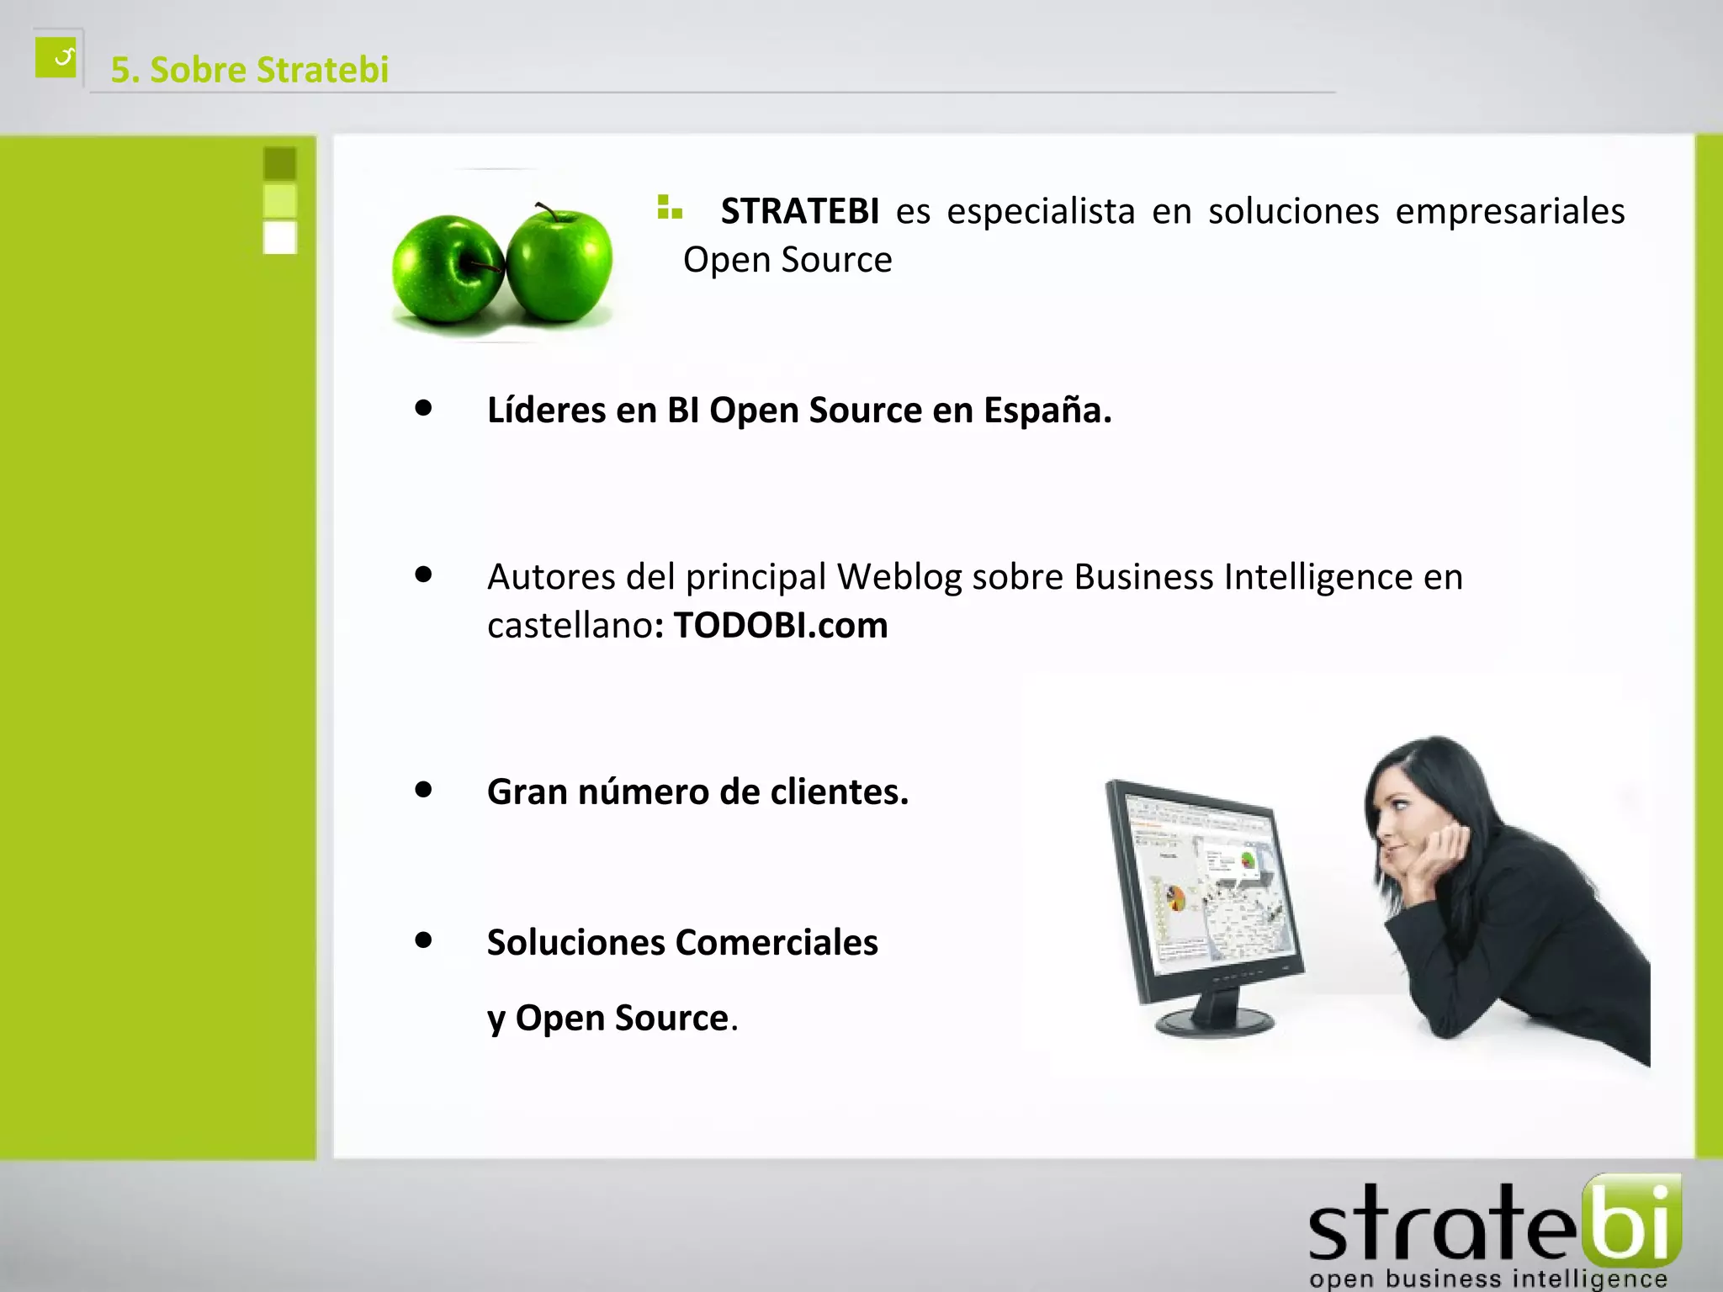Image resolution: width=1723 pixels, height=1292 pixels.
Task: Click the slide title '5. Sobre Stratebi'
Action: [250, 70]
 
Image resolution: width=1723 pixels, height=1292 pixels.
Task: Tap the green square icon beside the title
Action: [56, 57]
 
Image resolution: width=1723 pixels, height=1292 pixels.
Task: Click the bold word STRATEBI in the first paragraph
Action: [799, 211]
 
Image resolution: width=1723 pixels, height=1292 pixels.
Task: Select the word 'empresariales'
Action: [1509, 211]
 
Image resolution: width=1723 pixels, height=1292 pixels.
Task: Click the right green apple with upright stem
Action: [559, 266]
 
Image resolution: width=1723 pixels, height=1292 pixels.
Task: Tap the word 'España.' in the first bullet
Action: [1047, 410]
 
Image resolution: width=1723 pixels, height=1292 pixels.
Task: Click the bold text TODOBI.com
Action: [781, 626]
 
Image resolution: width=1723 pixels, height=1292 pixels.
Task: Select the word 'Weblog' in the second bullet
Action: [899, 577]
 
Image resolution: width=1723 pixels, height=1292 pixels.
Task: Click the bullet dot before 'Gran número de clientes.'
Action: [423, 789]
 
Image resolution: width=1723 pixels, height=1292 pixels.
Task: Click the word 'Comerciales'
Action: [777, 943]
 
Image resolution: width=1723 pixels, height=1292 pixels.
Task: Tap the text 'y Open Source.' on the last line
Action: [612, 1019]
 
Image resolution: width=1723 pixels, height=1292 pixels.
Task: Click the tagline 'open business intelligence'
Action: [1487, 1279]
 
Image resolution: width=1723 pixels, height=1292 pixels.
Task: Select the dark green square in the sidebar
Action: [280, 163]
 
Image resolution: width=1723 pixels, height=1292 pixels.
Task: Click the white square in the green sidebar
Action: [280, 237]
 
